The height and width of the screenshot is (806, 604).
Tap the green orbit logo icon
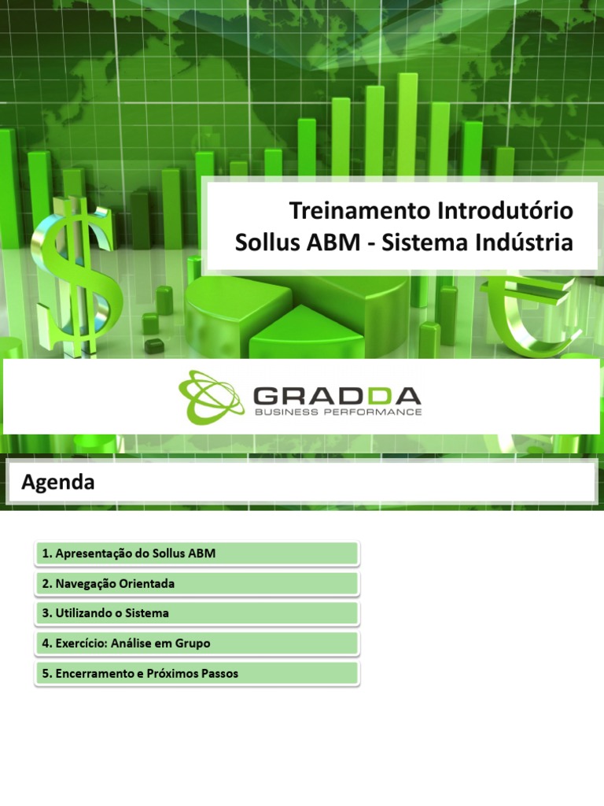[x=211, y=397]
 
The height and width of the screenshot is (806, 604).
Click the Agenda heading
[x=58, y=482]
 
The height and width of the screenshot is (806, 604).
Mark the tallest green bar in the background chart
[x=407, y=118]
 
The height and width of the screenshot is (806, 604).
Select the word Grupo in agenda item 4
[x=193, y=643]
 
